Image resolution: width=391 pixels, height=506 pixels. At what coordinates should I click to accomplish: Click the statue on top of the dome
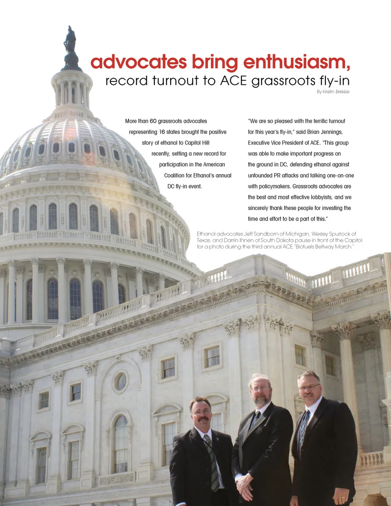(x=70, y=41)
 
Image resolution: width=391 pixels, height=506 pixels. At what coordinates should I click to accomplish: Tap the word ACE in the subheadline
(x=233, y=81)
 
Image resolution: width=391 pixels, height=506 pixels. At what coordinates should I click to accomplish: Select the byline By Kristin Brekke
(x=333, y=92)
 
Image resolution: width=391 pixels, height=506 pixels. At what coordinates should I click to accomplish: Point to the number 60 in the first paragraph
(x=153, y=121)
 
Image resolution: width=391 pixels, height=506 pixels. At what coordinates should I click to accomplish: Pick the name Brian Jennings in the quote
(x=325, y=132)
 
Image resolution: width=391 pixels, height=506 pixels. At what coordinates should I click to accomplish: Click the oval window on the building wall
(x=121, y=381)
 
